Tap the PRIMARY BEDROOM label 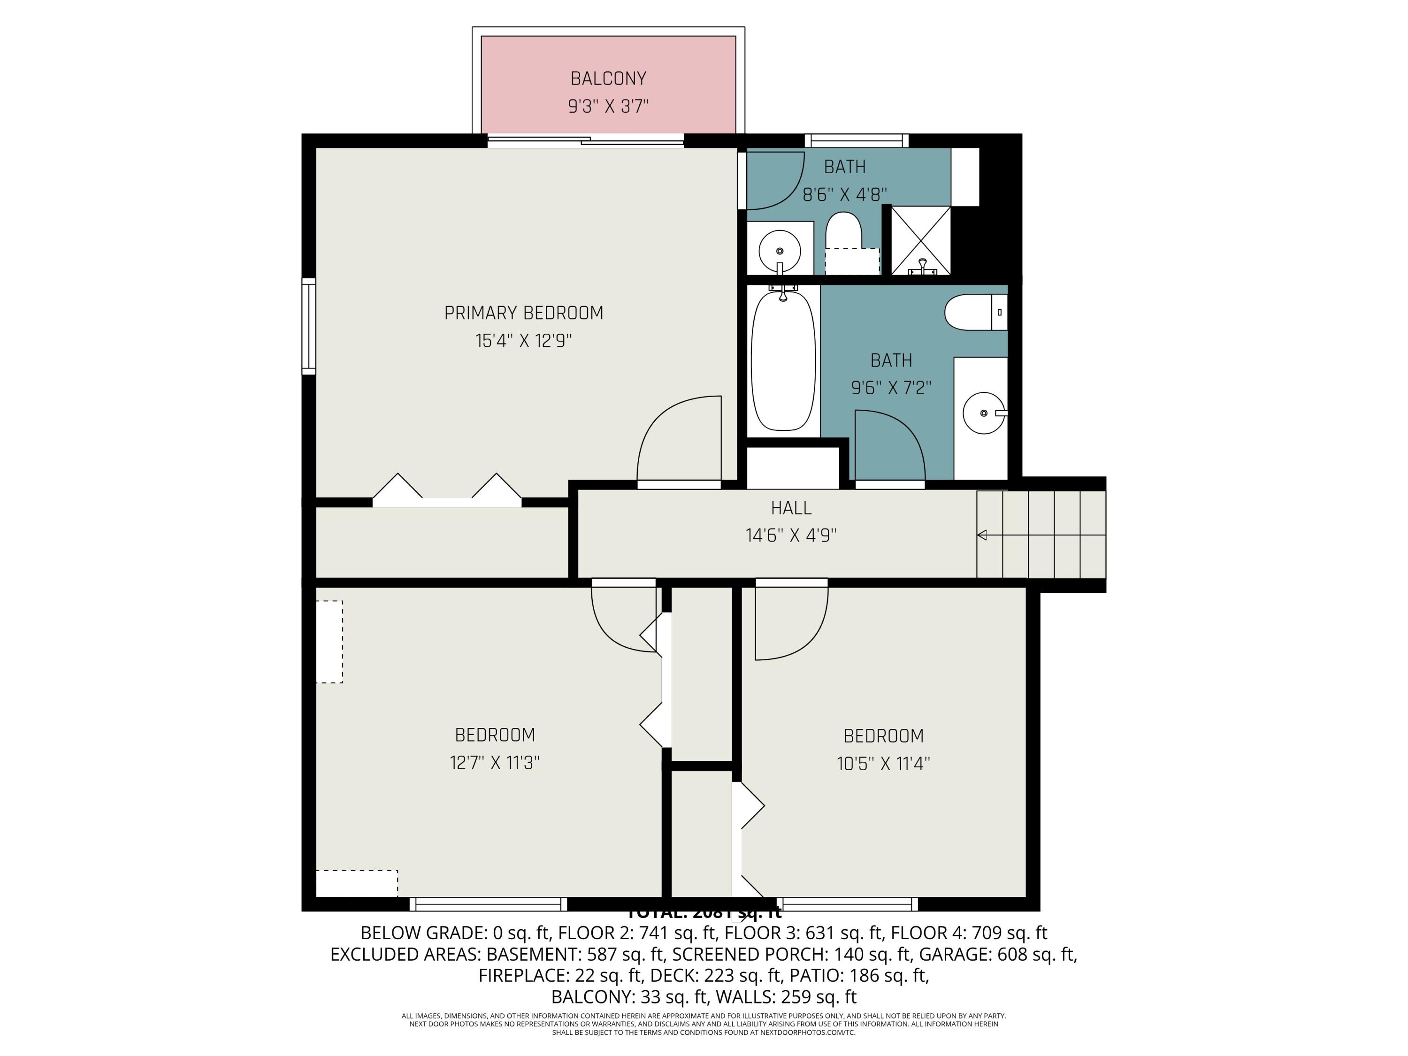tap(523, 313)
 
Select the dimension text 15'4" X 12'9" tap(523, 341)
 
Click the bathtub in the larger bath tap(783, 360)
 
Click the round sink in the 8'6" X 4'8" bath tap(780, 251)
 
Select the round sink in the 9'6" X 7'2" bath tap(983, 413)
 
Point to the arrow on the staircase tap(982, 535)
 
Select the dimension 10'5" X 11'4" tap(883, 763)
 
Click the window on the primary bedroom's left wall tap(309, 325)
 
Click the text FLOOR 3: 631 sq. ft tap(803, 933)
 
